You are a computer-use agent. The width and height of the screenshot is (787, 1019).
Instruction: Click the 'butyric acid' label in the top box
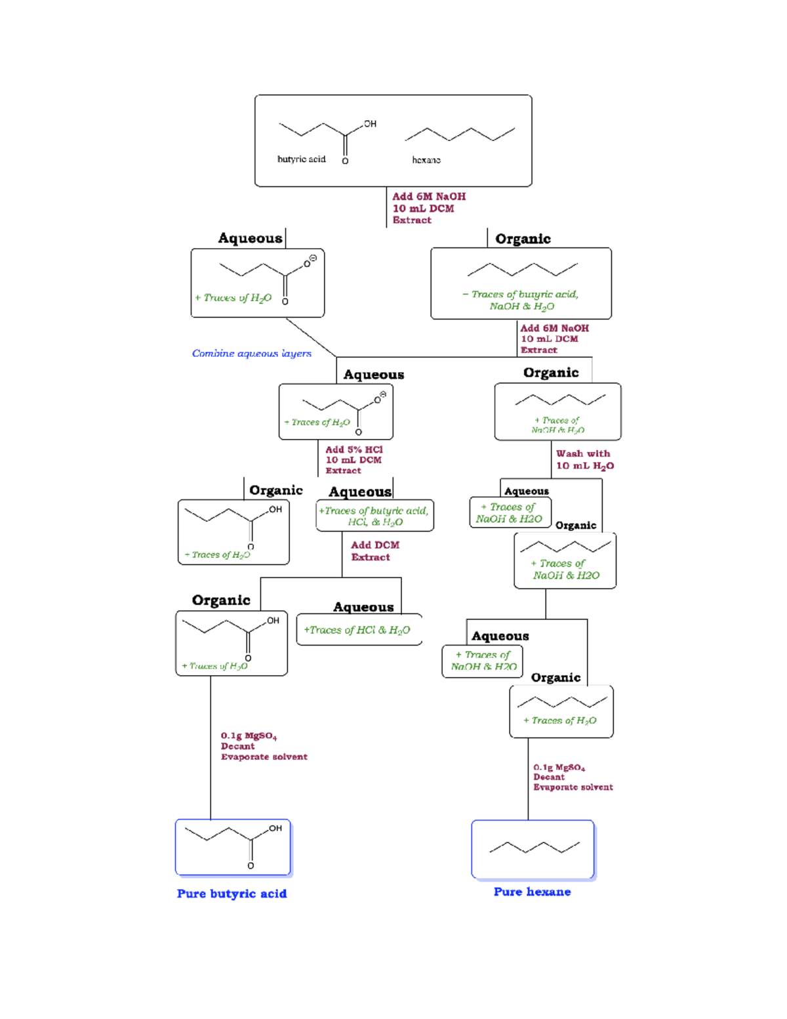click(301, 159)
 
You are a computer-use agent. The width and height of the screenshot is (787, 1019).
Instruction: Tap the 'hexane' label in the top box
click(426, 159)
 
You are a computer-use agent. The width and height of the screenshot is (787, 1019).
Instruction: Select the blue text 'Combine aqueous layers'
click(251, 353)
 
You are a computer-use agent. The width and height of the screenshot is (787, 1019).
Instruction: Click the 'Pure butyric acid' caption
click(232, 894)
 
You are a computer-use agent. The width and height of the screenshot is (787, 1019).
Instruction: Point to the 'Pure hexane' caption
click(532, 892)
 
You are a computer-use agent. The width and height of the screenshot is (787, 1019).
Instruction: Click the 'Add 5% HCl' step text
click(354, 449)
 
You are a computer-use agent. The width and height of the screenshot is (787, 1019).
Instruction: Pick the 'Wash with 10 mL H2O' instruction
click(584, 459)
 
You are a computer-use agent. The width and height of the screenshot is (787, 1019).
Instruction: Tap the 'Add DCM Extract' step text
click(374, 551)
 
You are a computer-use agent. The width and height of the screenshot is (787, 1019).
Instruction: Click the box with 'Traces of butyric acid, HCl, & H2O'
click(374, 516)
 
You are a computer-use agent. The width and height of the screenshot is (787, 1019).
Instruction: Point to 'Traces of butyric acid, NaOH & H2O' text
click(521, 301)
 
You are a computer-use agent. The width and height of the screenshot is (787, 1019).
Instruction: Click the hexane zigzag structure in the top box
click(460, 135)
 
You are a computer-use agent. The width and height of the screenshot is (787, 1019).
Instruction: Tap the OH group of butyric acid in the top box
click(370, 123)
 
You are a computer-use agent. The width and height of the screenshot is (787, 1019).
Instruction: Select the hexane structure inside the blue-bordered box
click(534, 847)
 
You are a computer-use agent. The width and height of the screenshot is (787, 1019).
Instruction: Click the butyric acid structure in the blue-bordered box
click(233, 843)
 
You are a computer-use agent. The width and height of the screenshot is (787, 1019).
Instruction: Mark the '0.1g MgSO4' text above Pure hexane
click(559, 767)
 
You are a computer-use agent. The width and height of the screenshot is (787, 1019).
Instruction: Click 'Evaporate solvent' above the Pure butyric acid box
click(264, 757)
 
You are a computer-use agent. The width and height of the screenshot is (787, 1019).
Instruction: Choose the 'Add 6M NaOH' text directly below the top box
click(429, 196)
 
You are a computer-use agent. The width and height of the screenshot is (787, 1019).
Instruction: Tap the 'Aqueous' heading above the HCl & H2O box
click(363, 607)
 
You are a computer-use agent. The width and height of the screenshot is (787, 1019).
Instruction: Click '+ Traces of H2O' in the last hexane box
click(560, 720)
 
